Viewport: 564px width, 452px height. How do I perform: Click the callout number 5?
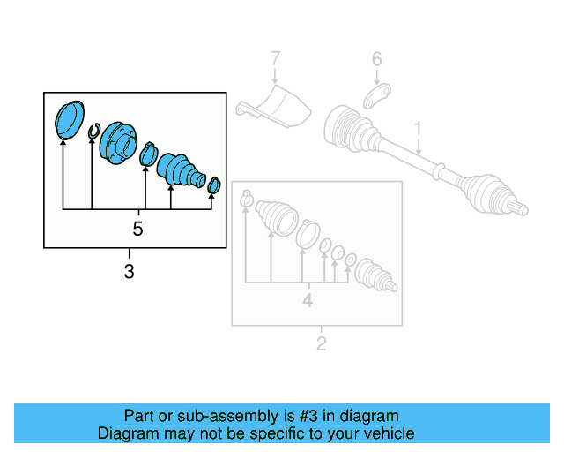tap(137, 229)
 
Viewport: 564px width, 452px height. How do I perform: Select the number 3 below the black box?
tap(130, 272)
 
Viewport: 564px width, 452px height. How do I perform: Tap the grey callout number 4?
tap(308, 300)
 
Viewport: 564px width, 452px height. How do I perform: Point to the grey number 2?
tap(321, 343)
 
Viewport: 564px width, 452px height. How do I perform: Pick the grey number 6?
tap(376, 60)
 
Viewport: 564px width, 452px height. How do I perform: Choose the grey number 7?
tap(275, 60)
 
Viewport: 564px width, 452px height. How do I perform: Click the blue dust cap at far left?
tap(68, 119)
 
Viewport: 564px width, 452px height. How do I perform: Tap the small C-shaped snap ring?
tap(93, 132)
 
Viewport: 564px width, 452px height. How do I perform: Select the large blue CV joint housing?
tap(118, 143)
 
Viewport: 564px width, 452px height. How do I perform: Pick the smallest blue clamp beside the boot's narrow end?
tap(213, 185)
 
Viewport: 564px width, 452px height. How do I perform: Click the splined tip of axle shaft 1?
tap(521, 208)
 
